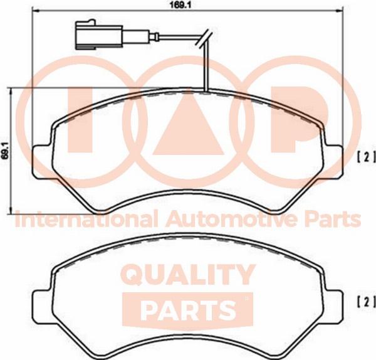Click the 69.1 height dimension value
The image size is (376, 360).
[x=5, y=150]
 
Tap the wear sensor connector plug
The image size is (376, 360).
[x=99, y=35]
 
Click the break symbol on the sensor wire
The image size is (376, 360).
[x=204, y=38]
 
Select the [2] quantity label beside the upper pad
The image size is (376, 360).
[x=366, y=157]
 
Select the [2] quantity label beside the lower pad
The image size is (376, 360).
[x=366, y=302]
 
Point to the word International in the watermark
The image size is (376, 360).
[x=86, y=219]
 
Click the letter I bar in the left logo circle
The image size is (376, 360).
[x=80, y=119]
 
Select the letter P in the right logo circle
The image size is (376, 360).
[x=298, y=119]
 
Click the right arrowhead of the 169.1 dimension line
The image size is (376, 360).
[x=341, y=10]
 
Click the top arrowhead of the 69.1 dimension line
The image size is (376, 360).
[x=10, y=91]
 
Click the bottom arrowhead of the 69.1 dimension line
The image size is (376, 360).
[x=10, y=211]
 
